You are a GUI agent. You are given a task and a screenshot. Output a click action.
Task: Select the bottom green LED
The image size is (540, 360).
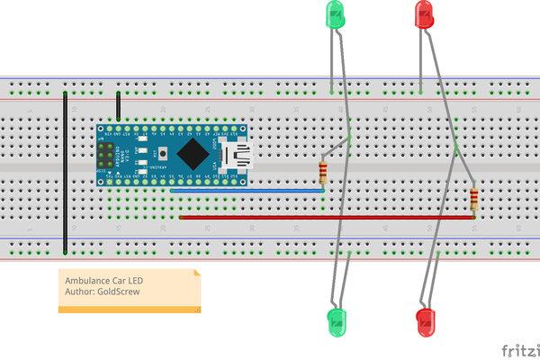coord(336,320)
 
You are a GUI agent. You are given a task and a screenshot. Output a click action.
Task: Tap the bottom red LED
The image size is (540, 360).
coord(426,320)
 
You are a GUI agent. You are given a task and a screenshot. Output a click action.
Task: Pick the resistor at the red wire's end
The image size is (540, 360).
coord(474,200)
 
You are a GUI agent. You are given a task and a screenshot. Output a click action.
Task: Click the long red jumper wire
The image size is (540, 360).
coord(324,217)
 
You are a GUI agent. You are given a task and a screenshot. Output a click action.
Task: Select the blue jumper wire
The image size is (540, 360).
coord(247,190)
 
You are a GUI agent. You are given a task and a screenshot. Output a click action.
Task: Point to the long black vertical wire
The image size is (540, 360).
coord(65,171)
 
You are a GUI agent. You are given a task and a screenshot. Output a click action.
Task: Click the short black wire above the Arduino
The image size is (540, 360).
coord(118,106)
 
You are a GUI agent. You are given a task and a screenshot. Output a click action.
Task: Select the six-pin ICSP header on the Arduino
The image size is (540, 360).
coord(106,154)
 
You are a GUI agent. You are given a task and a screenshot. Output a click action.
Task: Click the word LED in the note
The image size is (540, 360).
coord(134,281)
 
